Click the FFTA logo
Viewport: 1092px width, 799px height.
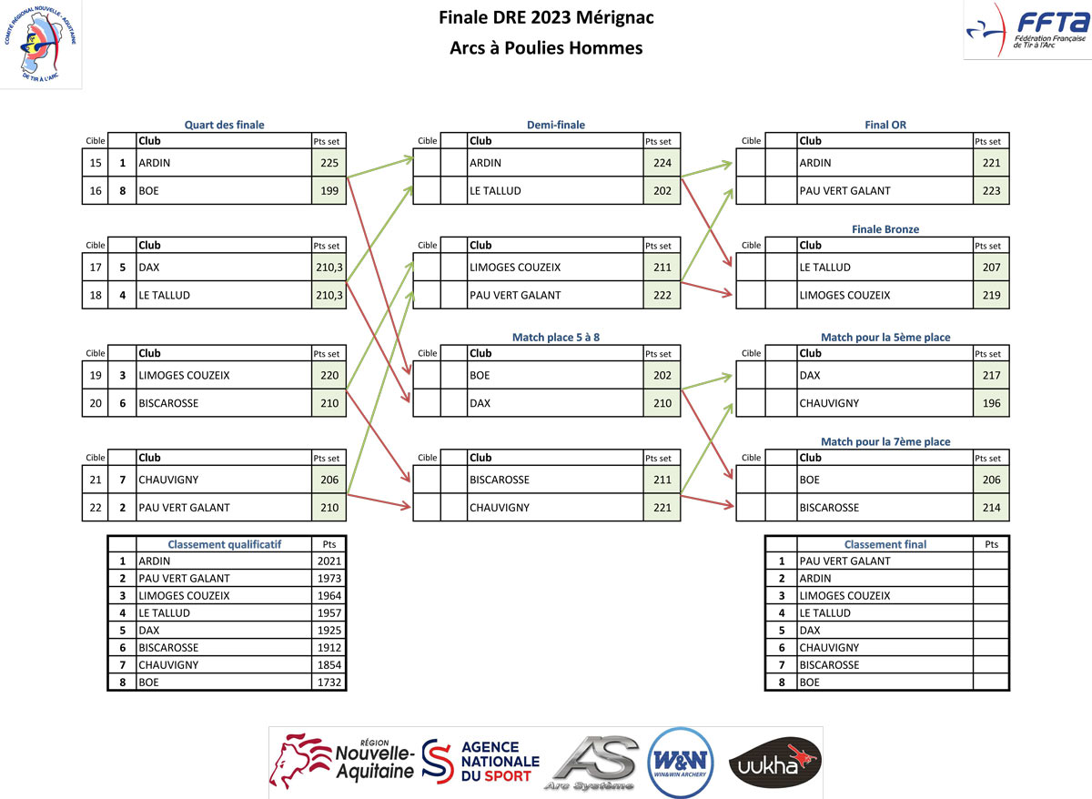[x=1026, y=30]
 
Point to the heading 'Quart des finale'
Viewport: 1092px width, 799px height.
[x=224, y=125]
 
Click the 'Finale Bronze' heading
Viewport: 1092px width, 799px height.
[x=885, y=229]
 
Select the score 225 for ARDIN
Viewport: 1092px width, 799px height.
[x=329, y=164]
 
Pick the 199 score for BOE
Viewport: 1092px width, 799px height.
[x=329, y=191]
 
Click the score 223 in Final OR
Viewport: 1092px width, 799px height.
[x=990, y=191]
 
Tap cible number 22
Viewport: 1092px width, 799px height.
[x=95, y=508]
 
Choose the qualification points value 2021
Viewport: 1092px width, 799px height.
[x=329, y=561]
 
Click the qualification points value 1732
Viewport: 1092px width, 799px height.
[x=329, y=682]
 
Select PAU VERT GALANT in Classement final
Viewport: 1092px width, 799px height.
[x=844, y=561]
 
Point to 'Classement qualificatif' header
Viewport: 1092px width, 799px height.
[x=224, y=544]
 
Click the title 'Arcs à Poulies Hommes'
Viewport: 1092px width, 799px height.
[x=546, y=48]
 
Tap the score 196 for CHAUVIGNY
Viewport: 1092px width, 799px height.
[x=990, y=403]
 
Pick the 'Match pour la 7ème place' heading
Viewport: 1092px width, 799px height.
[x=885, y=441]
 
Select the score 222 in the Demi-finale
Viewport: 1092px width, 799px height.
[x=661, y=296]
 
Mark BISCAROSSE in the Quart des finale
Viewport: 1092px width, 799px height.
[x=168, y=403]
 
